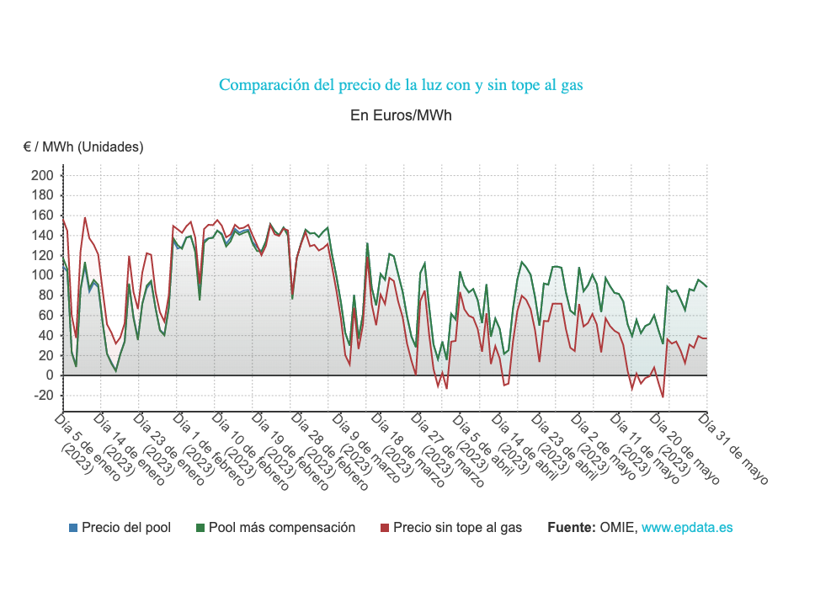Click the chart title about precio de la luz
point(401,85)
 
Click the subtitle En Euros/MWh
point(401,115)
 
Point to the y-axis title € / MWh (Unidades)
point(83,146)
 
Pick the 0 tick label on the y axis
point(50,375)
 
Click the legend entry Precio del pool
point(126,528)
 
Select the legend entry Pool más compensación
point(282,528)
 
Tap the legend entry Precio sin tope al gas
point(457,528)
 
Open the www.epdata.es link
point(687,528)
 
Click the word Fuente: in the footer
point(572,528)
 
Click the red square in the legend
point(385,528)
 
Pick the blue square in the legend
point(73,528)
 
